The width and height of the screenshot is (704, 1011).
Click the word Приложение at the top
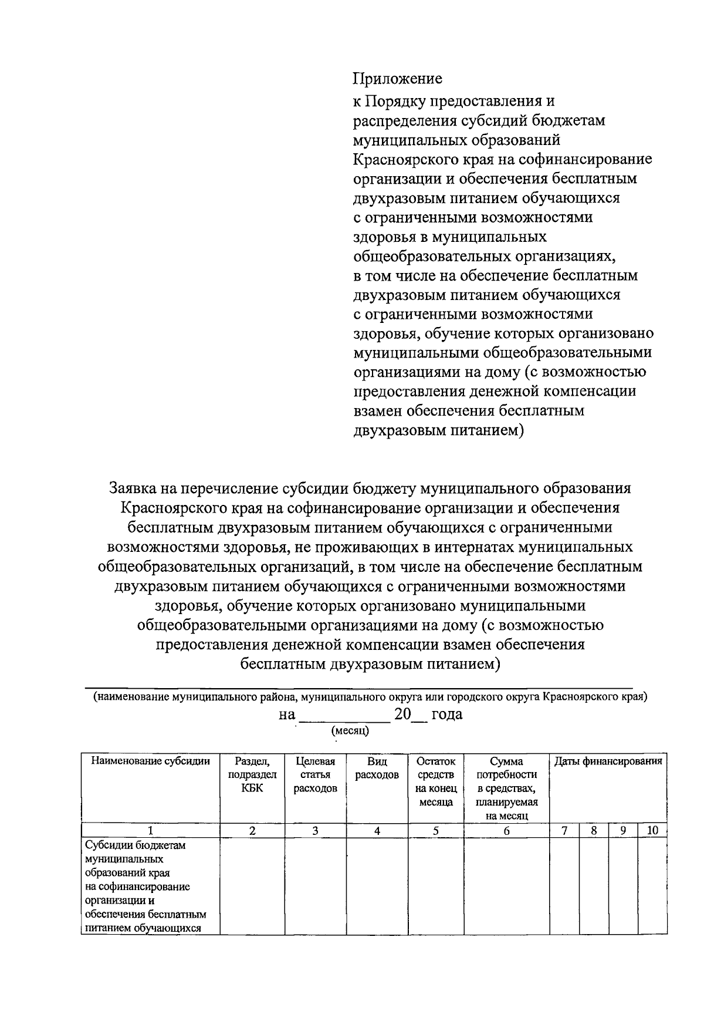(x=397, y=78)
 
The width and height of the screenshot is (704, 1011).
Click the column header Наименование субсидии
(x=150, y=761)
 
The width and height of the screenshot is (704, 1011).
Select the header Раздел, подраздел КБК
(x=252, y=774)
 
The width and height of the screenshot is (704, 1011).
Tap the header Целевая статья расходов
(x=316, y=774)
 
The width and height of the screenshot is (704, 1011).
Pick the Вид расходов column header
(x=377, y=768)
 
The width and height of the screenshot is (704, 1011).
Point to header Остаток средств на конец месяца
(x=436, y=781)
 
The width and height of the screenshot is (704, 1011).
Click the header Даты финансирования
(x=608, y=761)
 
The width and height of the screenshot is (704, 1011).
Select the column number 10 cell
(x=652, y=830)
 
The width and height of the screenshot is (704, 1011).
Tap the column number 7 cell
(x=564, y=830)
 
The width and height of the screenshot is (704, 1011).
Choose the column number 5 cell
(x=436, y=830)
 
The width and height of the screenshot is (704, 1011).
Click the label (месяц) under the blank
(x=350, y=731)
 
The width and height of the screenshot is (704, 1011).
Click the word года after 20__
(x=446, y=715)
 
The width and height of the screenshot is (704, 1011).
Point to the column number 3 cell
(x=316, y=830)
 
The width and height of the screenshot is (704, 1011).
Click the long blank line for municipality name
(x=359, y=686)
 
